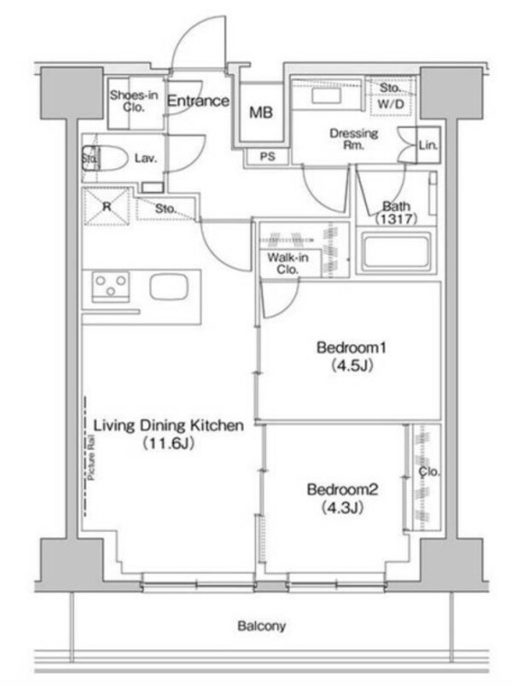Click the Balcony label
pyautogui.click(x=261, y=626)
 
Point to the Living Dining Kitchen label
pyautogui.click(x=169, y=424)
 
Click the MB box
pyautogui.click(x=260, y=112)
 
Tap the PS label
pyautogui.click(x=266, y=156)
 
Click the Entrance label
pyautogui.click(x=197, y=101)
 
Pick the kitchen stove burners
pyautogui.click(x=111, y=286)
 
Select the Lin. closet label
pyautogui.click(x=427, y=146)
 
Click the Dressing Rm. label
pyautogui.click(x=354, y=139)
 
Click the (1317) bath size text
pyautogui.click(x=395, y=219)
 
